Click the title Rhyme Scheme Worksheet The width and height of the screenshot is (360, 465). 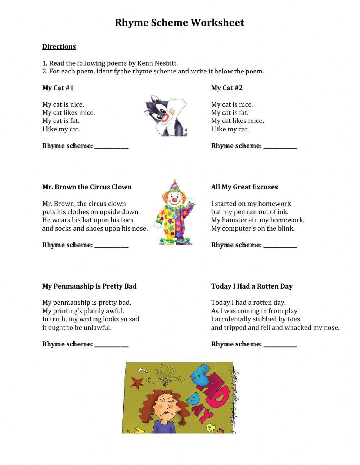pos(179,23)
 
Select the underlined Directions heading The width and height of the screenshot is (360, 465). pos(59,46)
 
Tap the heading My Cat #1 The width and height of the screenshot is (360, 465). pos(58,88)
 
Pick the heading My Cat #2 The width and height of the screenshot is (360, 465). pos(227,88)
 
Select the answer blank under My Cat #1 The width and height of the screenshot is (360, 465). pos(111,147)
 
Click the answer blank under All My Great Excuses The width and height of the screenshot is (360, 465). pos(280,246)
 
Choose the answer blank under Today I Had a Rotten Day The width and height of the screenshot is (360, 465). pos(280,345)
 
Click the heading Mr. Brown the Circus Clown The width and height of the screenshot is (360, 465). pos(87,187)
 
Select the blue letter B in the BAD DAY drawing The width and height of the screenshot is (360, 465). pos(201,375)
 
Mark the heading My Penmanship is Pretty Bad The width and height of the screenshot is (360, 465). pos(89,286)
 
